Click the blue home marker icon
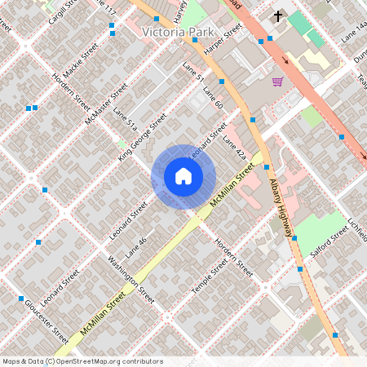pos(183,177)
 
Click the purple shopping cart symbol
pos(277,82)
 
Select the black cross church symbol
pos(277,16)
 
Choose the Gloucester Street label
pos(47,318)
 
